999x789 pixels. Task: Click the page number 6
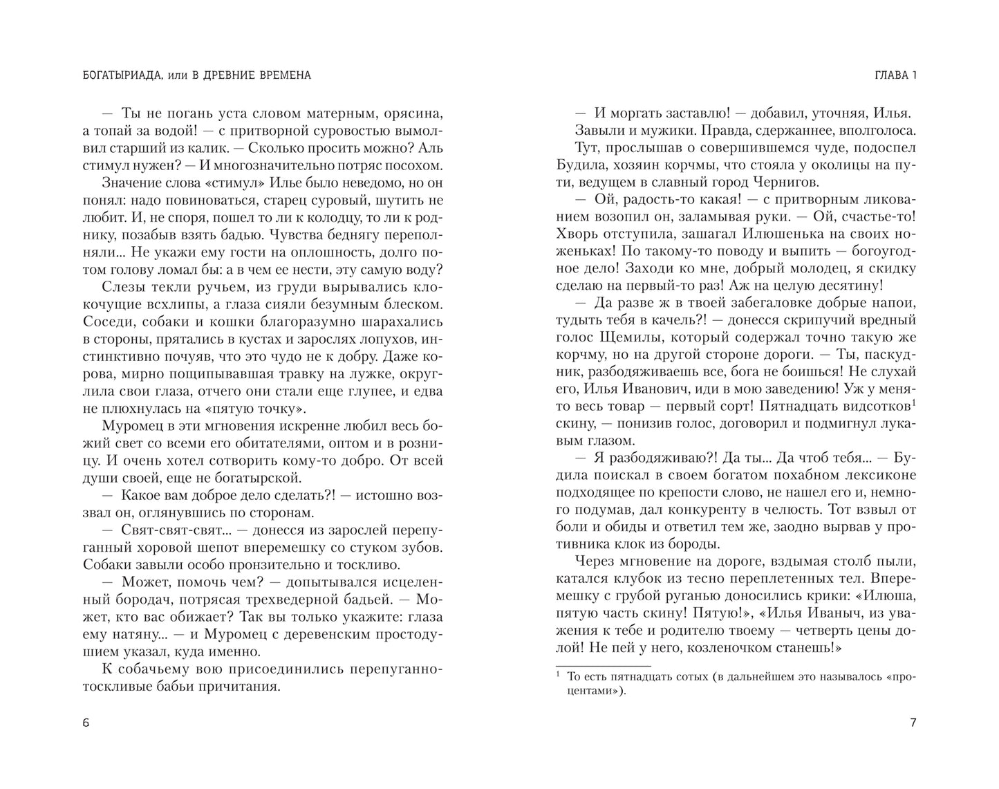click(x=86, y=723)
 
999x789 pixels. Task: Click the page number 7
click(x=913, y=723)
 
